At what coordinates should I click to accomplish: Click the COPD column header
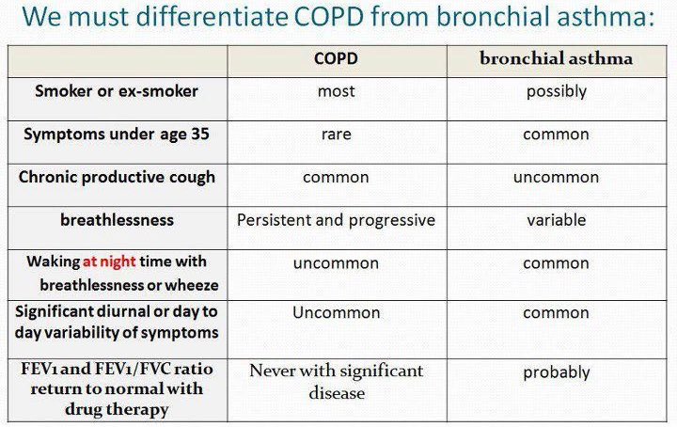(336, 58)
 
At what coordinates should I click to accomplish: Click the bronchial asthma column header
(556, 58)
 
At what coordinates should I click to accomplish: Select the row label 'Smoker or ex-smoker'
(117, 91)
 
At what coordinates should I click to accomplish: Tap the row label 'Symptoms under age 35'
(117, 134)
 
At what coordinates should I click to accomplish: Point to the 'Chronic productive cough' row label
(117, 177)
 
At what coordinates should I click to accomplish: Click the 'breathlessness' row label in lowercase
(117, 219)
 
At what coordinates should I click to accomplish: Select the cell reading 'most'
(336, 91)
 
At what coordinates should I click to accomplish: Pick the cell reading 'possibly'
(556, 91)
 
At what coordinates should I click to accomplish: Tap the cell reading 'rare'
(336, 134)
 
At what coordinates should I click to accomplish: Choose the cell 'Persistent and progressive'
(336, 220)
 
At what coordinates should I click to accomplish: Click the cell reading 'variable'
(556, 220)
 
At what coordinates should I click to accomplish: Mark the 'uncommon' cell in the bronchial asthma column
(556, 177)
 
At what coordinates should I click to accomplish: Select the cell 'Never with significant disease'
(336, 382)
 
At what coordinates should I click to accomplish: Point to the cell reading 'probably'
(556, 372)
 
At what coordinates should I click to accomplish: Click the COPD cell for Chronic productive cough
(336, 177)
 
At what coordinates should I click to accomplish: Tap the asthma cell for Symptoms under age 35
(556, 134)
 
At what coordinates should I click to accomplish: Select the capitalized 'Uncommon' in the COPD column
(336, 312)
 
